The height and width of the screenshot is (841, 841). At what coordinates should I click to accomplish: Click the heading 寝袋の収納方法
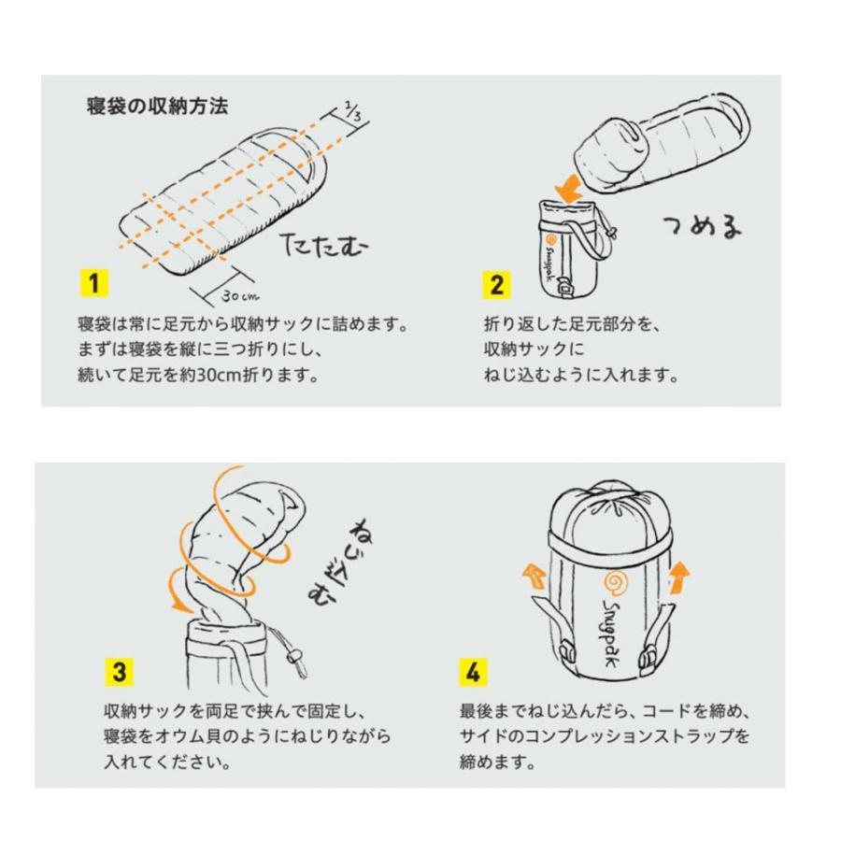point(156,106)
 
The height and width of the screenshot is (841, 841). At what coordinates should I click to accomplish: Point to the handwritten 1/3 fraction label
point(351,113)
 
